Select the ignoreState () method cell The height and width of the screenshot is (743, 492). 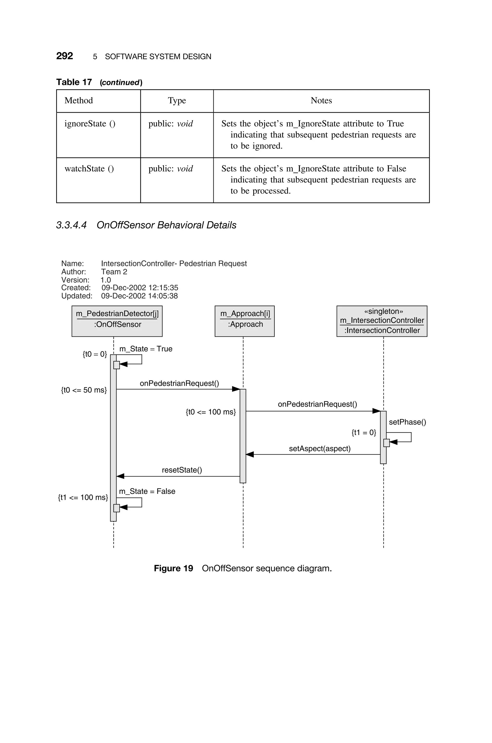click(x=90, y=124)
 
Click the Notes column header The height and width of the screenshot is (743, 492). click(x=321, y=100)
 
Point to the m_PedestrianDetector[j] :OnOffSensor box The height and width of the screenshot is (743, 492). click(x=117, y=321)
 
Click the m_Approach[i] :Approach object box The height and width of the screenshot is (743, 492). click(x=244, y=321)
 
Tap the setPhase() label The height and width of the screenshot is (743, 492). click(x=407, y=422)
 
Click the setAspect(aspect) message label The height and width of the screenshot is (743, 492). click(x=320, y=448)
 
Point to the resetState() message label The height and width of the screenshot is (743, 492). click(x=182, y=470)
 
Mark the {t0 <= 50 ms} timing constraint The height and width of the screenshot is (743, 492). click(x=84, y=390)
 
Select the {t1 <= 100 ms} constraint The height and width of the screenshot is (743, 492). click(x=83, y=497)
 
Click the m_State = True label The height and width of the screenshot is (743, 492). click(x=146, y=349)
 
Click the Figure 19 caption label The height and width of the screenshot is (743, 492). click(x=173, y=568)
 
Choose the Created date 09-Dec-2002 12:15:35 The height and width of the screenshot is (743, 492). click(x=140, y=287)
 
